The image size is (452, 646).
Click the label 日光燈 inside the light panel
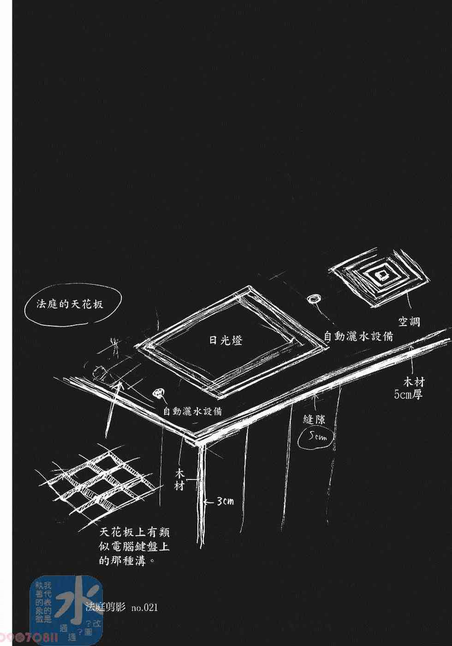(x=226, y=341)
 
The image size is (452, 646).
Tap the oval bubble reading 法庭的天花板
(x=70, y=305)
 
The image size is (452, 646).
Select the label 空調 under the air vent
(x=409, y=321)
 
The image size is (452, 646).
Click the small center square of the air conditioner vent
(x=382, y=275)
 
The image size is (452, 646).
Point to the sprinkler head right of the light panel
(x=314, y=299)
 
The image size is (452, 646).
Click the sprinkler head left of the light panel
(x=159, y=393)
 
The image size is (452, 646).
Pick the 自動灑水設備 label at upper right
(x=358, y=336)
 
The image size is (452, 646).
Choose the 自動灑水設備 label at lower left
(x=192, y=410)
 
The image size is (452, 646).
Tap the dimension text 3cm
(x=226, y=501)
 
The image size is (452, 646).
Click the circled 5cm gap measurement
(x=318, y=436)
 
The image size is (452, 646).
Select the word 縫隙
(x=315, y=419)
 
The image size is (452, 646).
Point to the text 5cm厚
(x=409, y=395)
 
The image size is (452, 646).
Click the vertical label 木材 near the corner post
(x=180, y=479)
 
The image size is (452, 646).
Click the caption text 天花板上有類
(x=135, y=532)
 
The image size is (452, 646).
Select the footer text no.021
(x=144, y=608)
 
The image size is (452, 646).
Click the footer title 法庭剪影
(x=106, y=607)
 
